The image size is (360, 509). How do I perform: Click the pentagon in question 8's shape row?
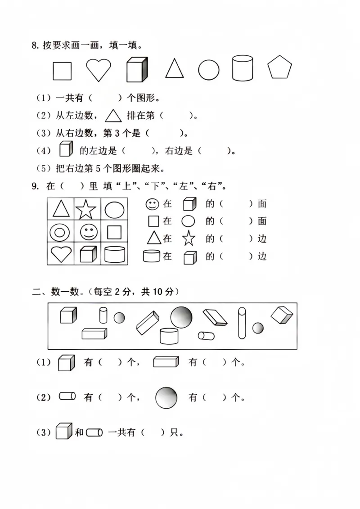pos(280,68)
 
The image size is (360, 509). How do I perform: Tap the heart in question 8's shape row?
pos(99,70)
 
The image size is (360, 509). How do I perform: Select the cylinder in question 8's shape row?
pos(243,68)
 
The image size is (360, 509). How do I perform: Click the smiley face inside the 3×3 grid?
pos(89,232)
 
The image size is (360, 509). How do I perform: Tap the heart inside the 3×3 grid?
pos(61,254)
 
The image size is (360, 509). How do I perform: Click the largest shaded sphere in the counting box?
pos(181,317)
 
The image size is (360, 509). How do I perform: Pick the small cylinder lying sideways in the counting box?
pos(207,335)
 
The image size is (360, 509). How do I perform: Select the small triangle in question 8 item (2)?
pos(113,116)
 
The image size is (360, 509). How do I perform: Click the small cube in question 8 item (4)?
pos(66,149)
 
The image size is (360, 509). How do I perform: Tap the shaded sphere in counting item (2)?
pos(166,397)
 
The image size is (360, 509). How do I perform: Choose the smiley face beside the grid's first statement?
pos(153,204)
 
